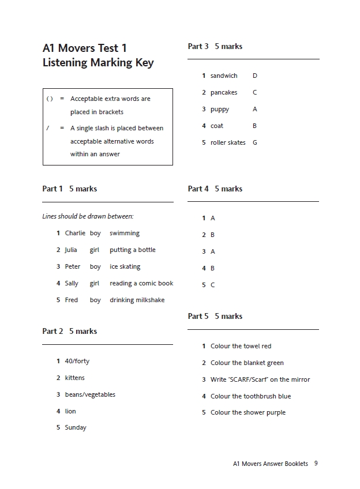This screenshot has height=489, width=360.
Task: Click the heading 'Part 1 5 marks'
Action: coord(69,189)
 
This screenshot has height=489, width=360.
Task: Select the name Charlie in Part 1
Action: coord(75,233)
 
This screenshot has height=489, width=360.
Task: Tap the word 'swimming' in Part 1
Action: coord(125,233)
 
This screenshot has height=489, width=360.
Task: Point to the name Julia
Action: coord(71,250)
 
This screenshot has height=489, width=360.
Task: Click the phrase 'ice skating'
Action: coord(125,266)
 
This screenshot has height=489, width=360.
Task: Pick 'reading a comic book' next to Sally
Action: coord(141,283)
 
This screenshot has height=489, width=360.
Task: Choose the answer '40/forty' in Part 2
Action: coord(77,361)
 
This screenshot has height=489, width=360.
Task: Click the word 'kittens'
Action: coord(75,378)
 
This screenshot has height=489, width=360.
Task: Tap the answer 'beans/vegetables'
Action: coord(90,394)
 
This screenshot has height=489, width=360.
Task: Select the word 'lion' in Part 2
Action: coord(70,411)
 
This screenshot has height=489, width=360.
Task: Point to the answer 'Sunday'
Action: coord(76,427)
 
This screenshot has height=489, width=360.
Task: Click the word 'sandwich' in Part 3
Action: coord(224,76)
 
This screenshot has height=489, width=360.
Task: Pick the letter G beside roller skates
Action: coord(255,142)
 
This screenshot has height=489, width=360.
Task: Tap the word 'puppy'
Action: coord(220,109)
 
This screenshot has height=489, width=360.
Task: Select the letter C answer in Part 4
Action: coord(212,285)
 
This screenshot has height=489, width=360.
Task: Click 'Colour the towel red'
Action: coord(241,346)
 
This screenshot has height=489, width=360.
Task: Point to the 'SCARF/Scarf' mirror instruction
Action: coord(260,379)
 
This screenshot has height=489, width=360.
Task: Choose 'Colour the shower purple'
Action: coord(248,412)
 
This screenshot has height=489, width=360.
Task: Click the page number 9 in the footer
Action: coord(316,463)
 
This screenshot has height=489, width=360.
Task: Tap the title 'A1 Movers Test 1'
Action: coord(85,48)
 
